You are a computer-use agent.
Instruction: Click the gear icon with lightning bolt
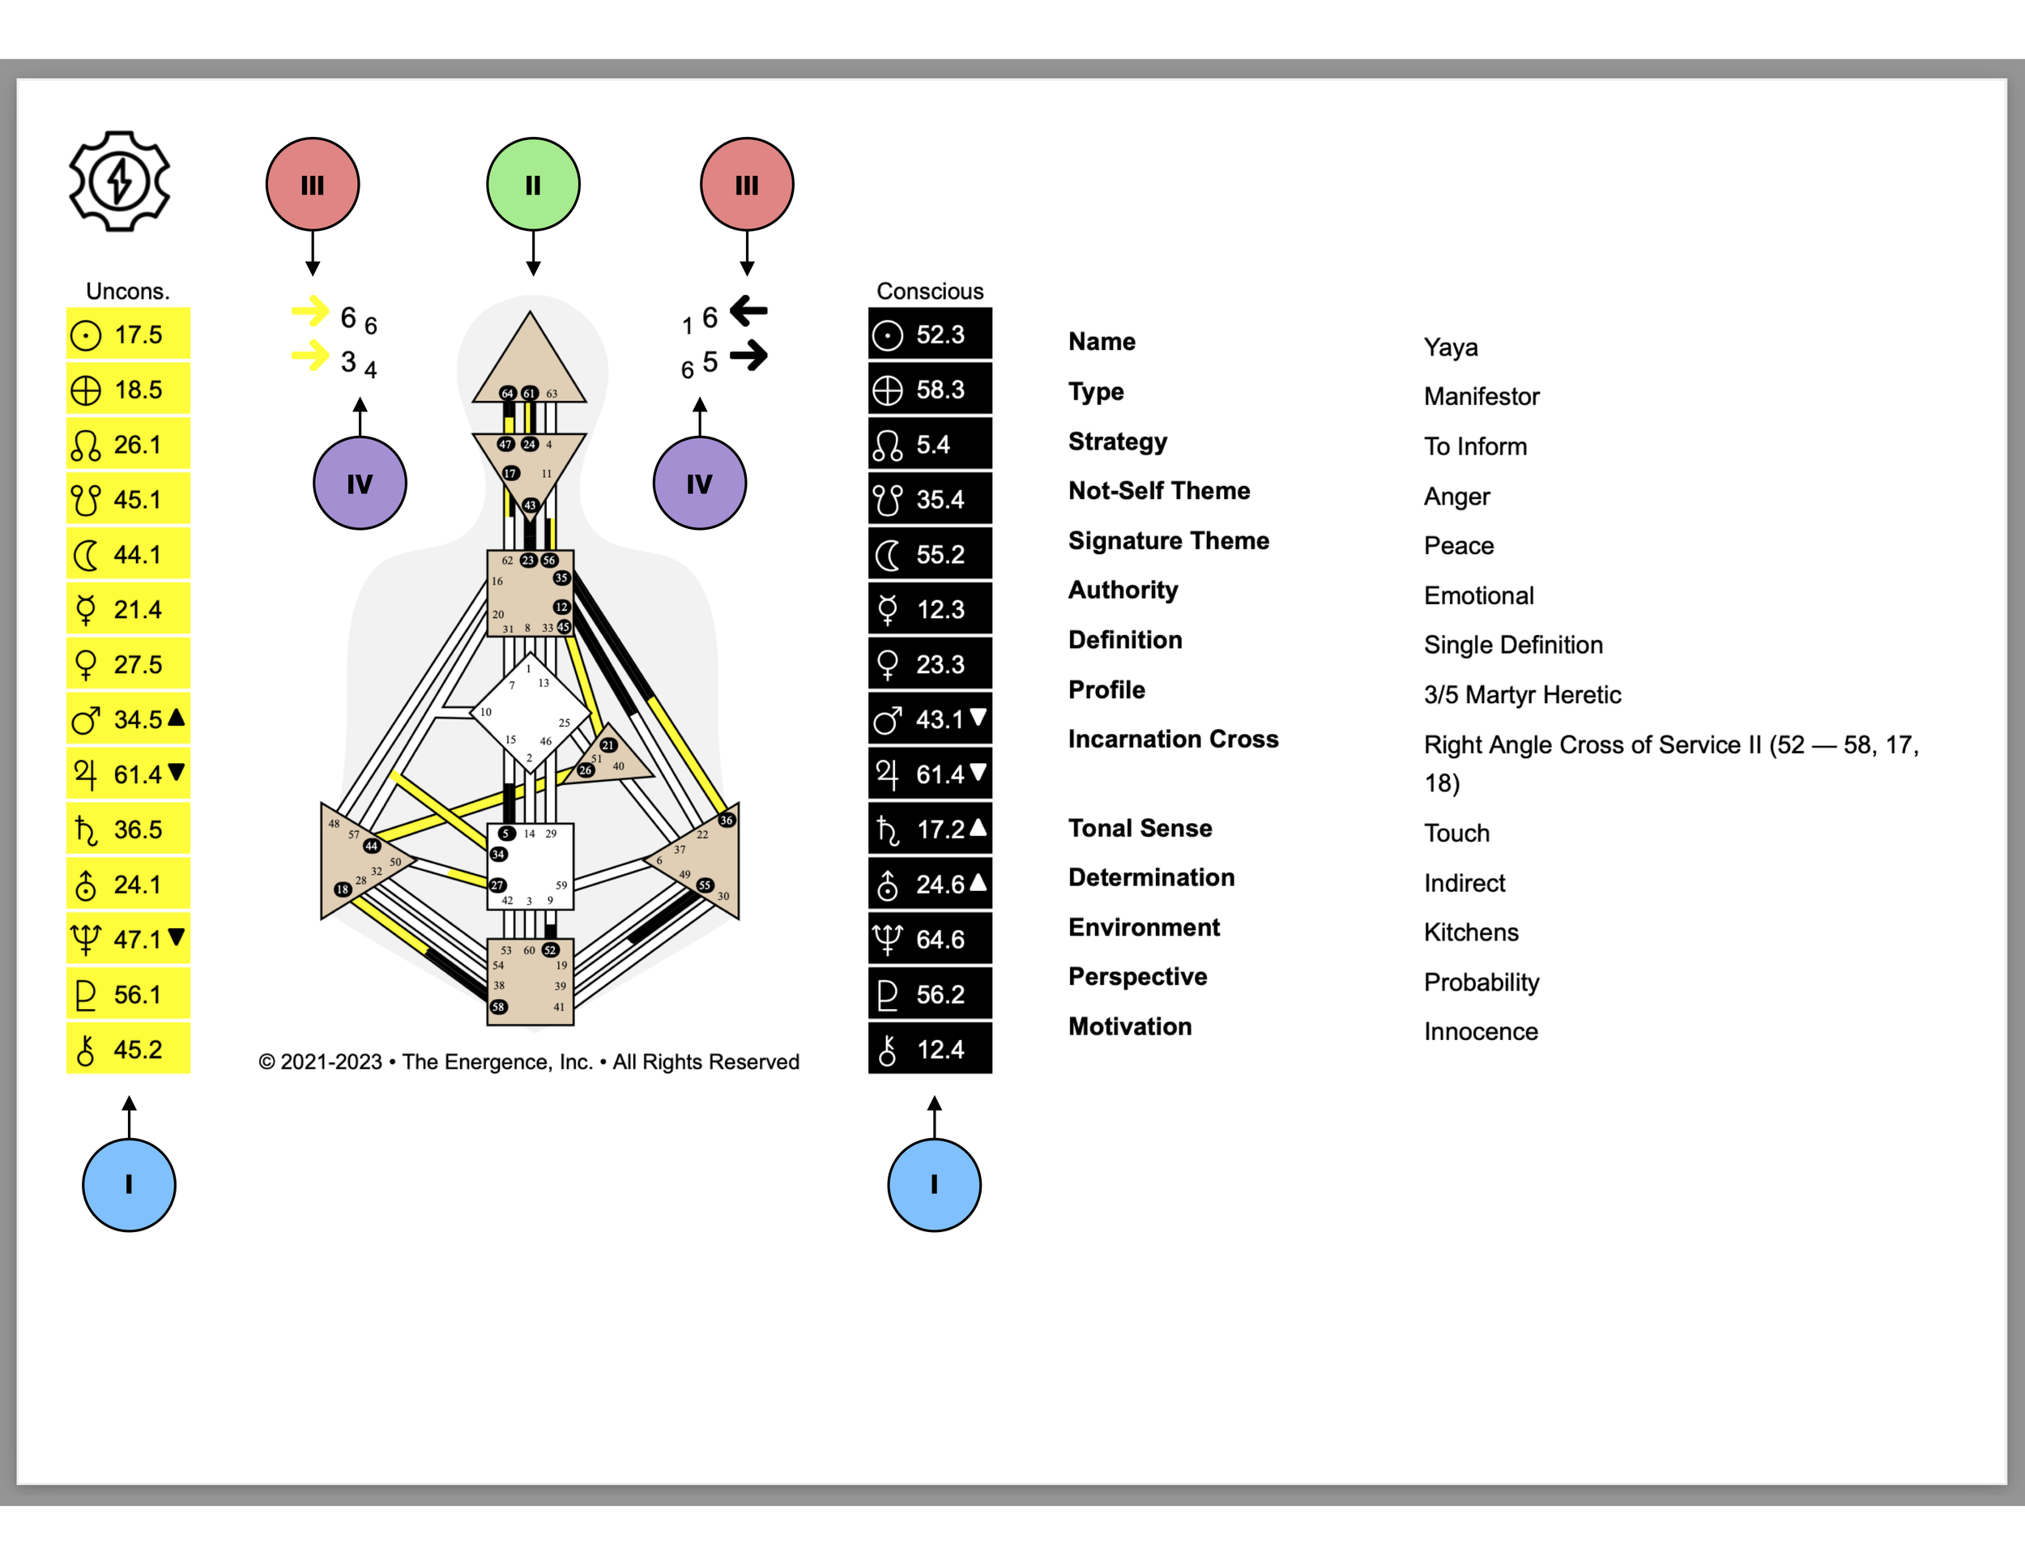[x=119, y=181]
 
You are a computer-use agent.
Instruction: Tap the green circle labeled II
[x=533, y=185]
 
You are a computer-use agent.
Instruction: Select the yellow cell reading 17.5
[x=128, y=335]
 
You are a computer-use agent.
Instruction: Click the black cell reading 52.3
[x=929, y=335]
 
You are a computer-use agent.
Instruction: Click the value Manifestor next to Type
[x=1481, y=397]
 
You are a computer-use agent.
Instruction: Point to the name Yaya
[x=1450, y=348]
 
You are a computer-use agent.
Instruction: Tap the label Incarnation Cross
[x=1172, y=739]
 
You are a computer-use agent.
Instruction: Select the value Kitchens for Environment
[x=1470, y=932]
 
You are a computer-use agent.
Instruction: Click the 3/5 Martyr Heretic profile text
[x=1521, y=695]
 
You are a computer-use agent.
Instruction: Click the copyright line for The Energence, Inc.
[x=528, y=1062]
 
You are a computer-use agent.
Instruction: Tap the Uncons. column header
[x=128, y=291]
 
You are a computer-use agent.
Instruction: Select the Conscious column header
[x=929, y=291]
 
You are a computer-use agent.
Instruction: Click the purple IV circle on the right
[x=699, y=483]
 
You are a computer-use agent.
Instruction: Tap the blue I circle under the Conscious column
[x=934, y=1184]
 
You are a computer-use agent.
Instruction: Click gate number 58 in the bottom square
[x=499, y=1007]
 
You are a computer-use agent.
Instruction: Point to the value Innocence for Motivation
[x=1480, y=1032]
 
